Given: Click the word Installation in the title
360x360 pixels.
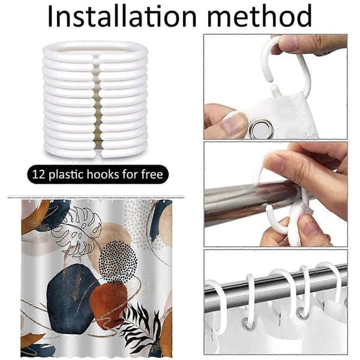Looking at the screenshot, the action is [x=122, y=17].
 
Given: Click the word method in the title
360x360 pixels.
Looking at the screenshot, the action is [x=259, y=16].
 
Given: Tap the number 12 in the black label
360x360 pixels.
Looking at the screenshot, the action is [x=38, y=175].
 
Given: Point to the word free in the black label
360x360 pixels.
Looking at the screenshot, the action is [x=152, y=174].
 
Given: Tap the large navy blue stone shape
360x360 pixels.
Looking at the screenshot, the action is [x=71, y=298].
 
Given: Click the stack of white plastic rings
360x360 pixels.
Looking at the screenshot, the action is [x=95, y=100].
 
